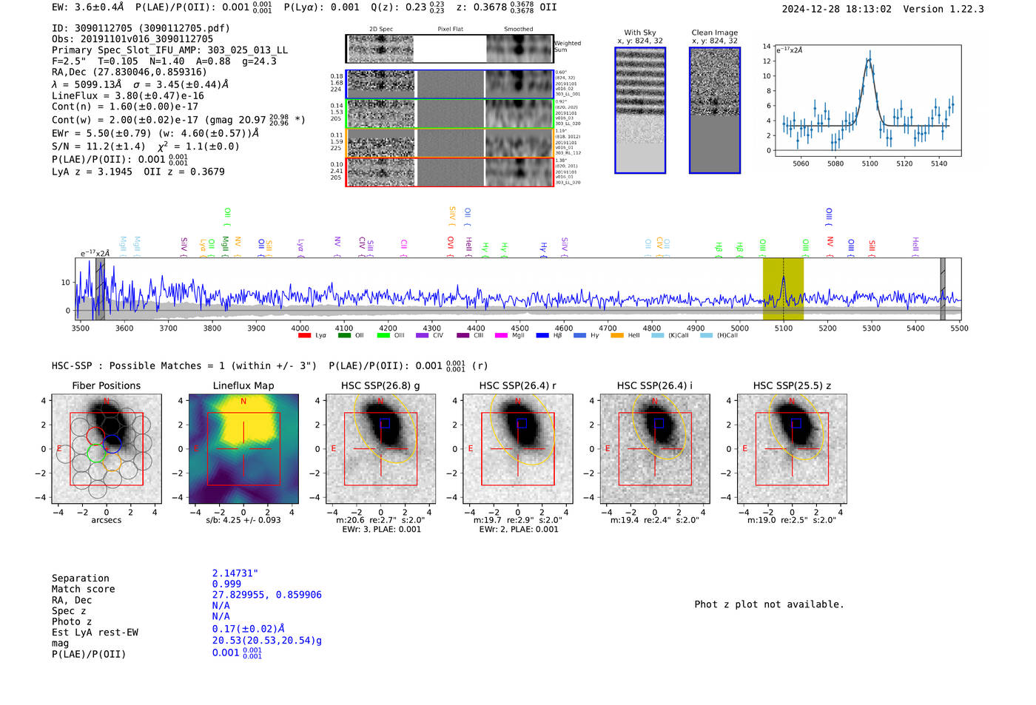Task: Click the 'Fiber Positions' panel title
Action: (x=106, y=385)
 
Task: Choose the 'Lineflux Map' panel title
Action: (x=243, y=385)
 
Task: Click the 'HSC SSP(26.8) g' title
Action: (x=380, y=385)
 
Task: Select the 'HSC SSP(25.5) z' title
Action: (x=792, y=385)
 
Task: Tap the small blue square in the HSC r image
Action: (x=522, y=424)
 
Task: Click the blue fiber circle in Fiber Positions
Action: (x=112, y=444)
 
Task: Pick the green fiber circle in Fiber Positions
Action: (x=96, y=452)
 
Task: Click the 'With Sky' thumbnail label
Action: (x=640, y=33)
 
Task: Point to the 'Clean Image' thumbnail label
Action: (x=714, y=33)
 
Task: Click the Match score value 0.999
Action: (x=226, y=584)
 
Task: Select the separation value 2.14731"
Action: (x=235, y=573)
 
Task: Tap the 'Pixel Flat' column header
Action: (x=450, y=30)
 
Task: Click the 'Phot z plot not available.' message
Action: (x=769, y=604)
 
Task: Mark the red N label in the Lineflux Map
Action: (x=243, y=402)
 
